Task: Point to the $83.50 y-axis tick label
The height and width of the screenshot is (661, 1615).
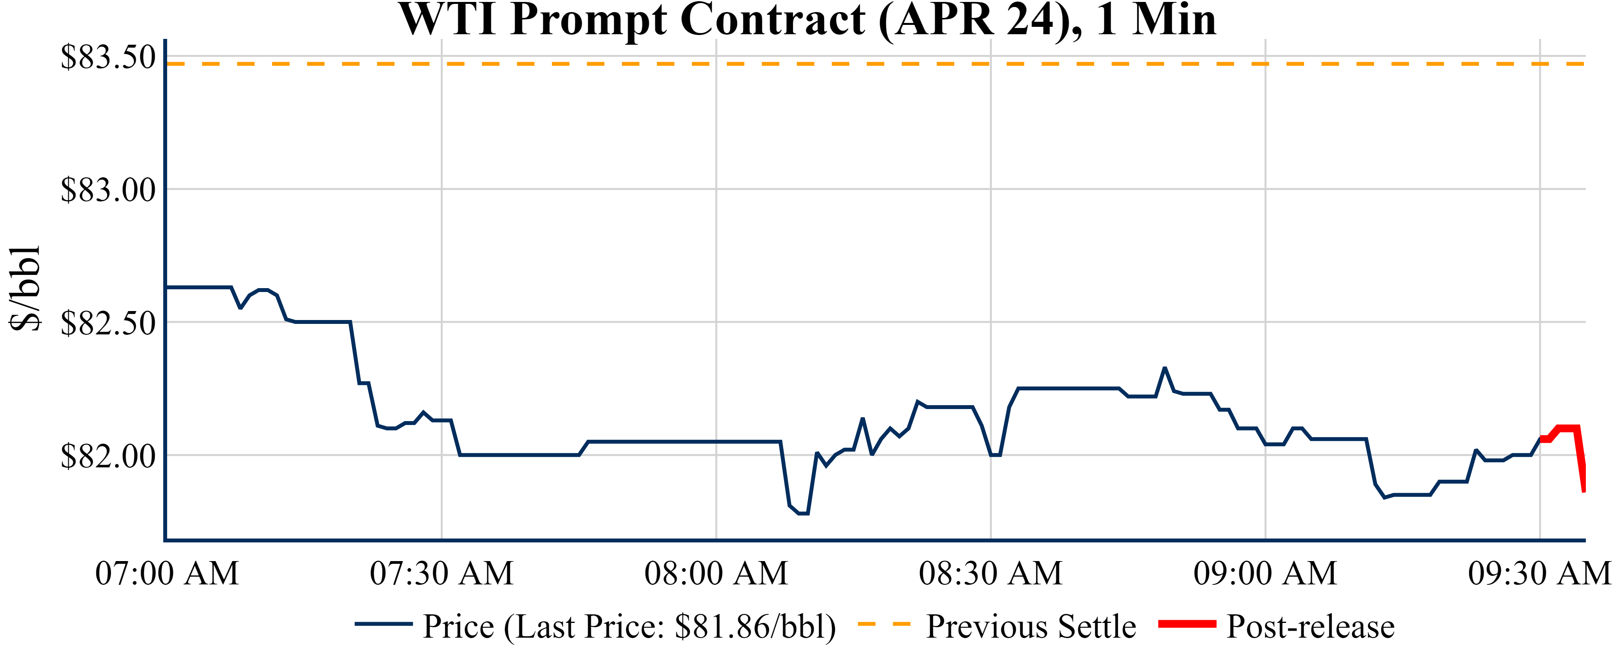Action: (108, 57)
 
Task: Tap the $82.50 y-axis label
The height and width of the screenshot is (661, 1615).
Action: (108, 323)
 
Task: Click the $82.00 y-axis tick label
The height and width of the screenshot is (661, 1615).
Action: (108, 456)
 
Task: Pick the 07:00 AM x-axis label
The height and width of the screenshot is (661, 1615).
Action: (167, 573)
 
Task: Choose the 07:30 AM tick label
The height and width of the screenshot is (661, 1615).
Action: (442, 573)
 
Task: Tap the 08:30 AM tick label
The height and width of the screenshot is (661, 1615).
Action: (990, 573)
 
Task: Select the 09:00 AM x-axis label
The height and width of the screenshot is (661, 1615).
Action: (1265, 573)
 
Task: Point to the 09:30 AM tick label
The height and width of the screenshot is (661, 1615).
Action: (1539, 573)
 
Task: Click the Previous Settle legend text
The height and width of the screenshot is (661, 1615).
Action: (1031, 626)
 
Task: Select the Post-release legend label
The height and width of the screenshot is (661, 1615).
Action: (1310, 626)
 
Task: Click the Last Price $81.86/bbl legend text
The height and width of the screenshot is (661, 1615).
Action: (629, 626)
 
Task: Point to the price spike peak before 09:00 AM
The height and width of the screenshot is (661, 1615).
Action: (1164, 368)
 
